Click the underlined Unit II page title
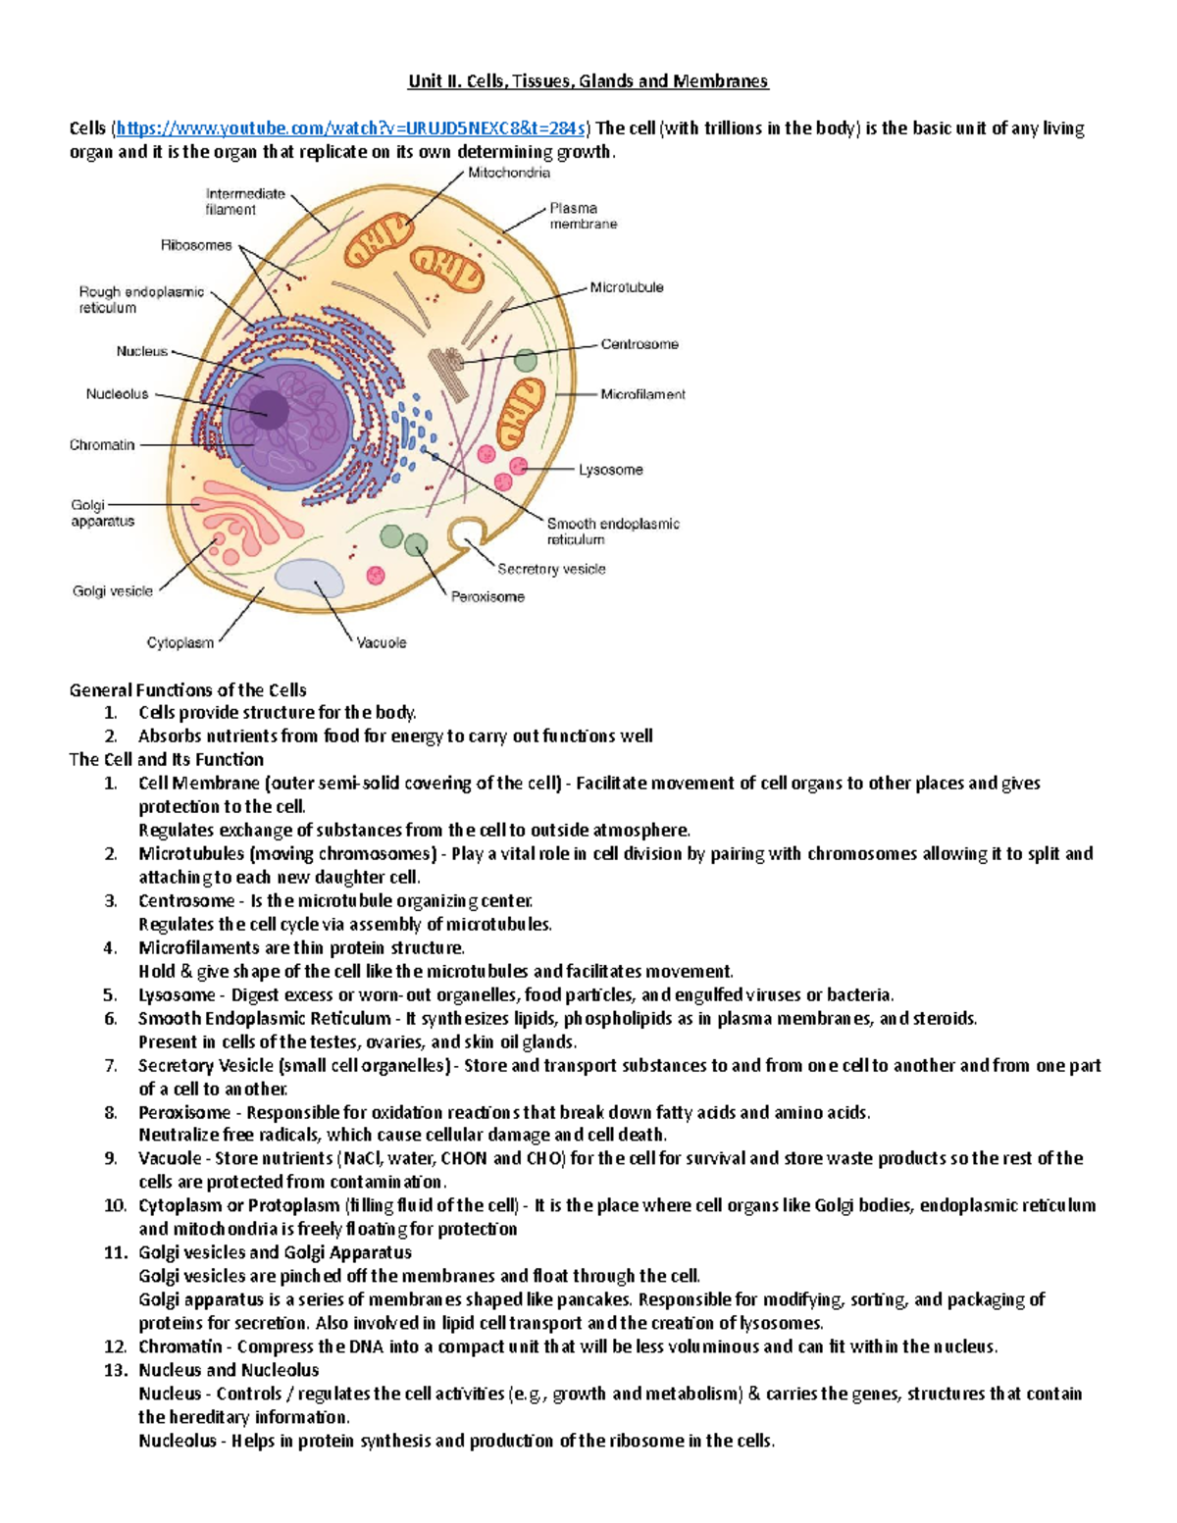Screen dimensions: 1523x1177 point(588,81)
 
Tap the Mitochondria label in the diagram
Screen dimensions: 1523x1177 point(508,173)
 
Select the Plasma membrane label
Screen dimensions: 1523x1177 point(583,216)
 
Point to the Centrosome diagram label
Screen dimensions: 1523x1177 point(639,344)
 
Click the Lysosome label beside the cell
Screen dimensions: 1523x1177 point(610,470)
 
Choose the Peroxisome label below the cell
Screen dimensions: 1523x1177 point(487,596)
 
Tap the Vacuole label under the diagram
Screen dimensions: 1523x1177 point(381,642)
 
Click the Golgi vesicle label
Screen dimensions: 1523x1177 point(112,591)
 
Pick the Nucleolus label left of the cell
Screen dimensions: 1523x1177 point(117,394)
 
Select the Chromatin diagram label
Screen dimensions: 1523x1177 point(102,445)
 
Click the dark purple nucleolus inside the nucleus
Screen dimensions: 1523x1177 point(267,410)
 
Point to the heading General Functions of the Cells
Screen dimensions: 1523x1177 point(187,689)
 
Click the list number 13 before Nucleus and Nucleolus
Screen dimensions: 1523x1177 point(116,1370)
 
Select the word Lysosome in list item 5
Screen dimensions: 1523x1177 point(176,994)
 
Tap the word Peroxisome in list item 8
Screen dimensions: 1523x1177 point(183,1112)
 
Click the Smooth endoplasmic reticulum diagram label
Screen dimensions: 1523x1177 point(612,532)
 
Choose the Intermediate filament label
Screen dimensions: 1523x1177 point(245,201)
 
